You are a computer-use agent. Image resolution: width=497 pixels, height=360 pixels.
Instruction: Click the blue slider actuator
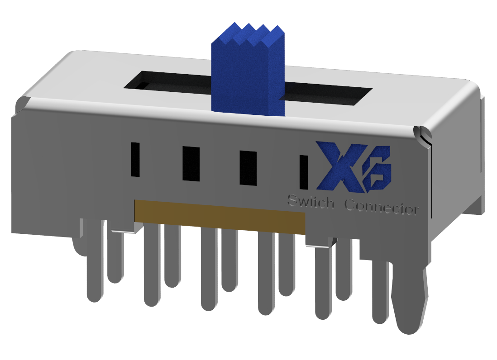tap(248, 77)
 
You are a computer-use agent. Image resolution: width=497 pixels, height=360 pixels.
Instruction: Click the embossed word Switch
tap(311, 202)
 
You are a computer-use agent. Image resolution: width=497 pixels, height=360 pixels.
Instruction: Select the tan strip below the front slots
tap(220, 216)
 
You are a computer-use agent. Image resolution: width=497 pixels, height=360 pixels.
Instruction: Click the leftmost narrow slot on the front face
tap(135, 159)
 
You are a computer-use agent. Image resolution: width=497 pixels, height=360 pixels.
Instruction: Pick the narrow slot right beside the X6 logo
tap(304, 172)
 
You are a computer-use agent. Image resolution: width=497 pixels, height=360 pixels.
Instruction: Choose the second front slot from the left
tap(191, 164)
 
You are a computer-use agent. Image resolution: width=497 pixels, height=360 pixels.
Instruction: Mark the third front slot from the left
tap(248, 168)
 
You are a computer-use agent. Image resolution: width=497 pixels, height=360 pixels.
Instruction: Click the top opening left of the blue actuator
tap(167, 81)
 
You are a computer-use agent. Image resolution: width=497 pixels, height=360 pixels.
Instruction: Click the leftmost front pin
tap(94, 262)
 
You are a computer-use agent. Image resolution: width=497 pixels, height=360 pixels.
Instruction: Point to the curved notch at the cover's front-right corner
tap(423, 134)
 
